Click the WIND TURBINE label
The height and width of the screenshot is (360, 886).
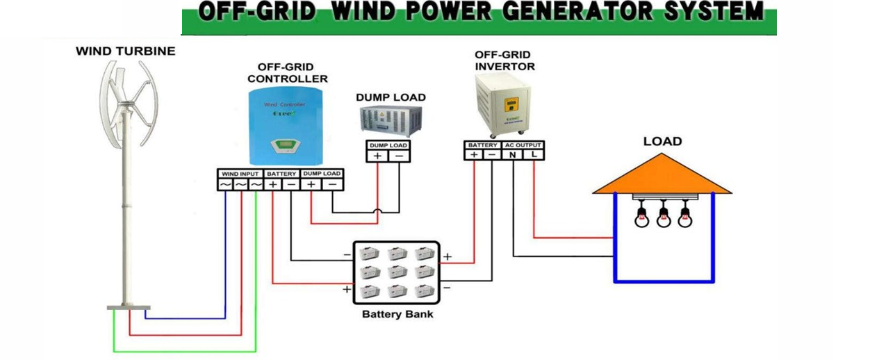tap(126, 51)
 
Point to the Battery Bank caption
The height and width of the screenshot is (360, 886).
tap(397, 315)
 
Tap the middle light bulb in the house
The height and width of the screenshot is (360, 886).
tap(664, 218)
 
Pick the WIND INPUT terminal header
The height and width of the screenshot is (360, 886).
tap(240, 173)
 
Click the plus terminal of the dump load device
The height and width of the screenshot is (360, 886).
tap(377, 156)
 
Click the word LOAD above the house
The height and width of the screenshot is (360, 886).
tap(662, 142)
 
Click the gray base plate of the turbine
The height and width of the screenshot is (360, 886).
tap(128, 307)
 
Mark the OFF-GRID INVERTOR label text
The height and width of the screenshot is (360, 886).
tap(504, 60)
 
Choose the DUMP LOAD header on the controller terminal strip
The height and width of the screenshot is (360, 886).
tap(322, 173)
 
